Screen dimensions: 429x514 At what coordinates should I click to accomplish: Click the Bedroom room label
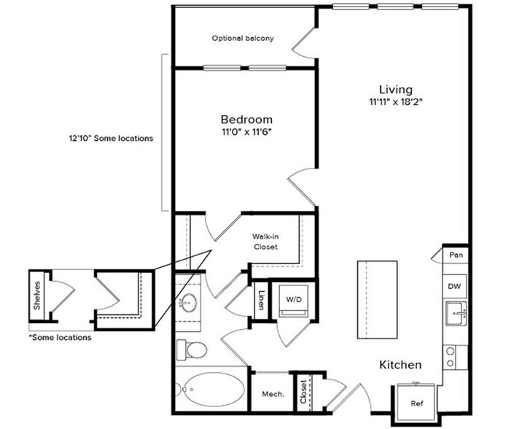click(246, 120)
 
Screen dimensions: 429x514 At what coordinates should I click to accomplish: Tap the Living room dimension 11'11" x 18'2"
click(396, 102)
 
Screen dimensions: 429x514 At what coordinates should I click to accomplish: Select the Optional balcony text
click(243, 39)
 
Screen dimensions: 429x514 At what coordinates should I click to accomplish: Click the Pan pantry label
click(456, 255)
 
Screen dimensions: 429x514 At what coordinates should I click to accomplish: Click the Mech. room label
click(273, 396)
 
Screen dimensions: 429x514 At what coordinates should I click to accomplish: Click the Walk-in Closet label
click(266, 241)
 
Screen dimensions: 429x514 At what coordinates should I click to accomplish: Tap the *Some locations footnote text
click(60, 338)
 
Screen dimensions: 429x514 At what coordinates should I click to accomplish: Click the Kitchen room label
click(400, 364)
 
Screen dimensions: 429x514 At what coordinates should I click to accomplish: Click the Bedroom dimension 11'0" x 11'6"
click(246, 134)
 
